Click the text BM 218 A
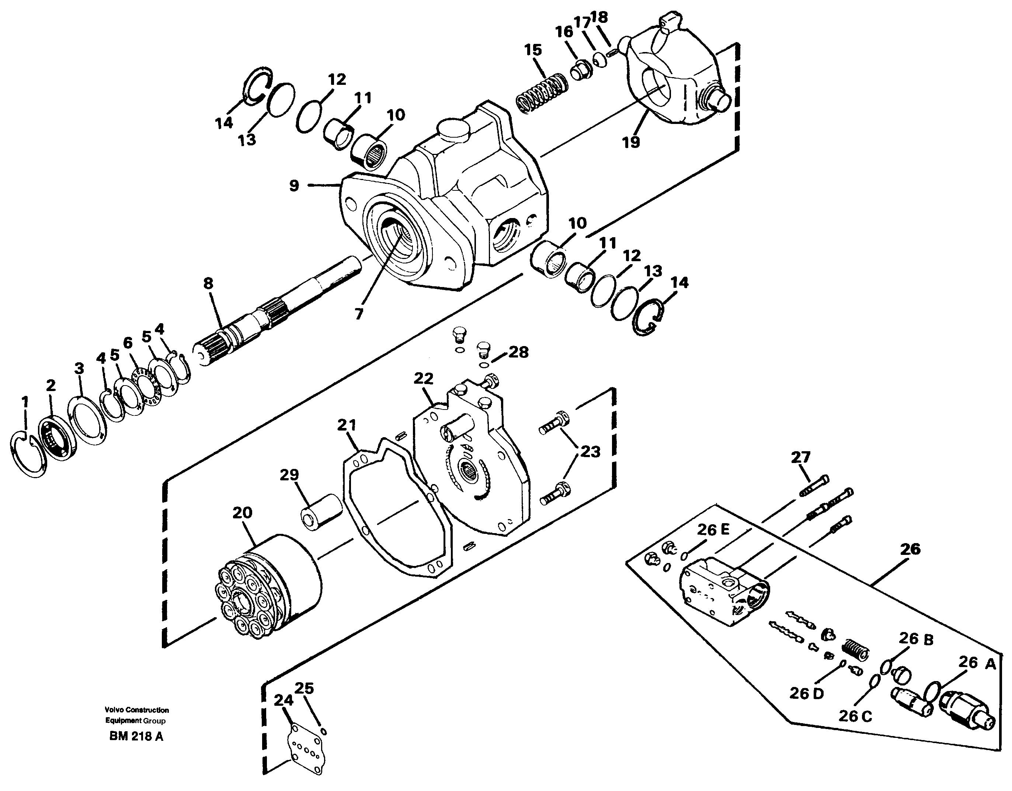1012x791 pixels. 136,737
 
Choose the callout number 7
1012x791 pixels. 359,314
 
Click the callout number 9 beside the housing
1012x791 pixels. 294,186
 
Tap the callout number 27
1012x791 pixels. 800,457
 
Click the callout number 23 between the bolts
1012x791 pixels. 590,451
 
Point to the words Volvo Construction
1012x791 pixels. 137,710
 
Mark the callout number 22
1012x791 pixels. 423,379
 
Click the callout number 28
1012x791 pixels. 518,352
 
